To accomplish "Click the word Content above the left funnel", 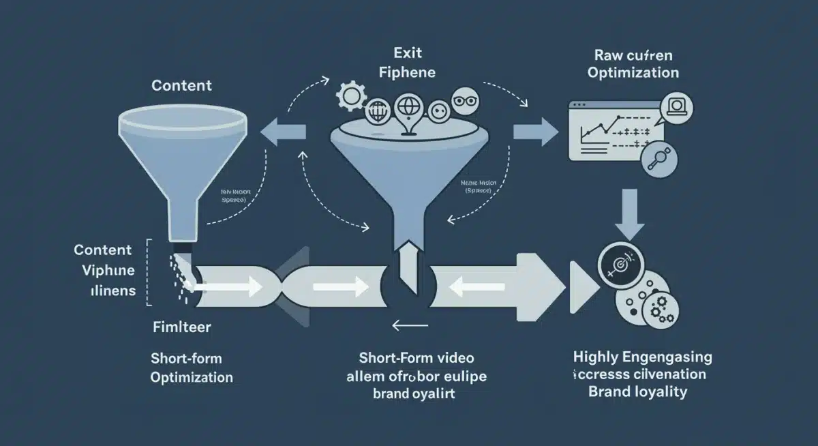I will point(181,86).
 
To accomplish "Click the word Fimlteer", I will point(181,327).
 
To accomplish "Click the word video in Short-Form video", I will point(452,357).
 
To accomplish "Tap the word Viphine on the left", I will point(108,270).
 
